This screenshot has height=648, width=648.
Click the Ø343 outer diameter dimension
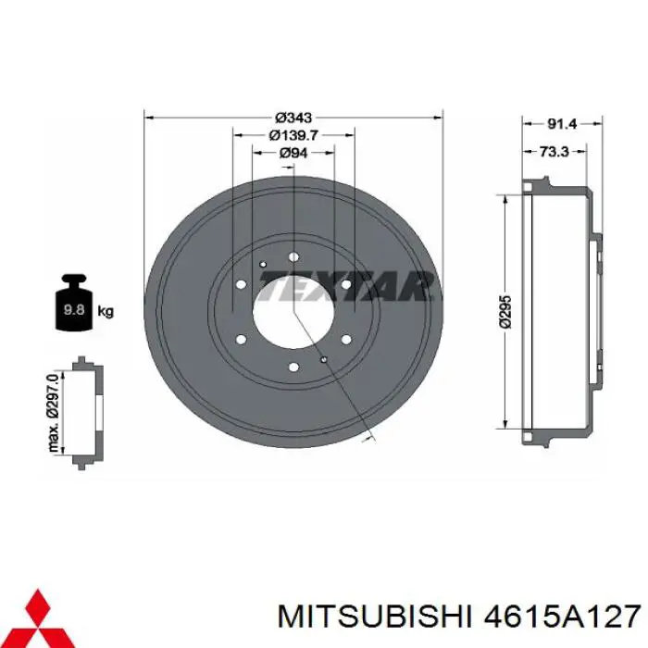[x=293, y=118]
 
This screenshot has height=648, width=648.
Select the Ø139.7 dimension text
[x=293, y=135]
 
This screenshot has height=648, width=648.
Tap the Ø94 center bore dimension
[x=293, y=153]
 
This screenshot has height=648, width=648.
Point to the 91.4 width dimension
[x=562, y=123]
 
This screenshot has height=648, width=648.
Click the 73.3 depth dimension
[x=555, y=152]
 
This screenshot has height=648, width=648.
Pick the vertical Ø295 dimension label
[x=505, y=312]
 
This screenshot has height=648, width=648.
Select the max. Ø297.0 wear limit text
[x=54, y=412]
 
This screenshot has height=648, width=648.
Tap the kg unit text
[x=106, y=311]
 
